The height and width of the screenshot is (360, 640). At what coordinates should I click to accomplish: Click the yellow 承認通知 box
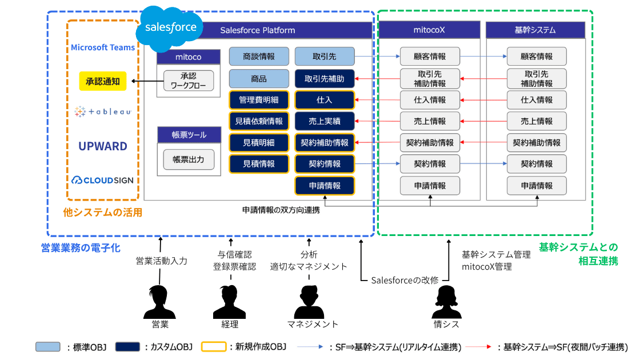pyautogui.click(x=103, y=81)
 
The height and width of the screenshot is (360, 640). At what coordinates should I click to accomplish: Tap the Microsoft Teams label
pyautogui.click(x=103, y=47)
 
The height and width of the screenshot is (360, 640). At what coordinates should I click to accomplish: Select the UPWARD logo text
pyautogui.click(x=103, y=146)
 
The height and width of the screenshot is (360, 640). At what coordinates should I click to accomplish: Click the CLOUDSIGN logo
pyautogui.click(x=103, y=180)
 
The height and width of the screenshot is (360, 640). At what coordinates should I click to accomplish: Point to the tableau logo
pyautogui.click(x=103, y=112)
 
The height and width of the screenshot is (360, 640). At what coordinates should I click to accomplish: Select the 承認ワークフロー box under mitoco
pyautogui.click(x=188, y=81)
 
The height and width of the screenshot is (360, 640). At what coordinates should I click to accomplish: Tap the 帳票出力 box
pyautogui.click(x=188, y=159)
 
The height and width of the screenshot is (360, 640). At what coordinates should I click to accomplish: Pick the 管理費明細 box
pyautogui.click(x=258, y=100)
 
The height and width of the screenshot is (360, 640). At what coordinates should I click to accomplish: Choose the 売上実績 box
pyautogui.click(x=325, y=121)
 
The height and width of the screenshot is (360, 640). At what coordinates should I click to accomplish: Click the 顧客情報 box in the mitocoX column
pyautogui.click(x=430, y=57)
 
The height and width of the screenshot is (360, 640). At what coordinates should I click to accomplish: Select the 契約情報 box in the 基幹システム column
pyautogui.click(x=537, y=164)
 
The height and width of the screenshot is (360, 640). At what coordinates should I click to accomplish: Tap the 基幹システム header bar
pyautogui.click(x=535, y=30)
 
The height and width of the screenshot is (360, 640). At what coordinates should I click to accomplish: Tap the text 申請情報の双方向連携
pyautogui.click(x=281, y=210)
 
